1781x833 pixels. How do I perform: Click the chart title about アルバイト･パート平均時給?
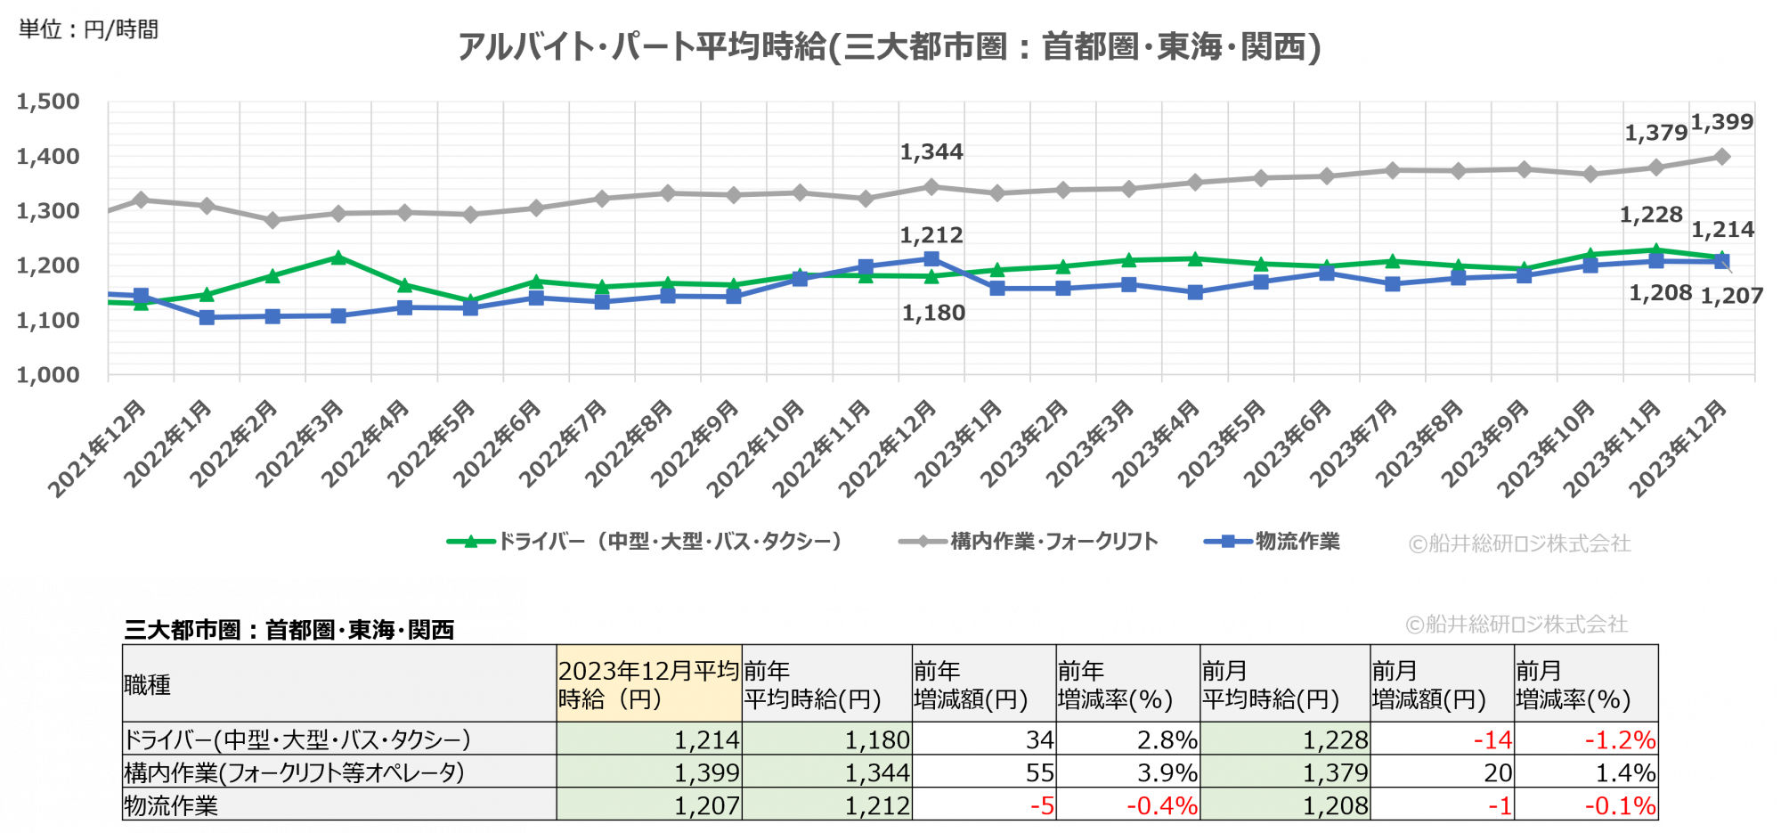889,46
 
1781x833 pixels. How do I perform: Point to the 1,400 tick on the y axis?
48,157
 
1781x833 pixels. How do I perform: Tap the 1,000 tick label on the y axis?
48,375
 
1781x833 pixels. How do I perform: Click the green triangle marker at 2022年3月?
338,257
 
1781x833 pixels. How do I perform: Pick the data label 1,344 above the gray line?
931,152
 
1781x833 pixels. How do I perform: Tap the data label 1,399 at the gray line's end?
1722,122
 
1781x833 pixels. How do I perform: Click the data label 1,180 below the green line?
933,314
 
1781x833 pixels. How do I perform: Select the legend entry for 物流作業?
1297,542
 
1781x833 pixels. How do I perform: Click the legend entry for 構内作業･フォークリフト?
1053,542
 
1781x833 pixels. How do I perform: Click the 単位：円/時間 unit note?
88,29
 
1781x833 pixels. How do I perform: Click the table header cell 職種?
148,684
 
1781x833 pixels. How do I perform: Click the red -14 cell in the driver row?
1492,739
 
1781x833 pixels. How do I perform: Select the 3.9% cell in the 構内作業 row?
1167,772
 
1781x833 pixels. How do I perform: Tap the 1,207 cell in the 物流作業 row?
706,805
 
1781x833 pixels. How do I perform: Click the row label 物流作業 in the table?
171,805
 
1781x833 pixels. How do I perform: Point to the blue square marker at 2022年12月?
931,259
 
